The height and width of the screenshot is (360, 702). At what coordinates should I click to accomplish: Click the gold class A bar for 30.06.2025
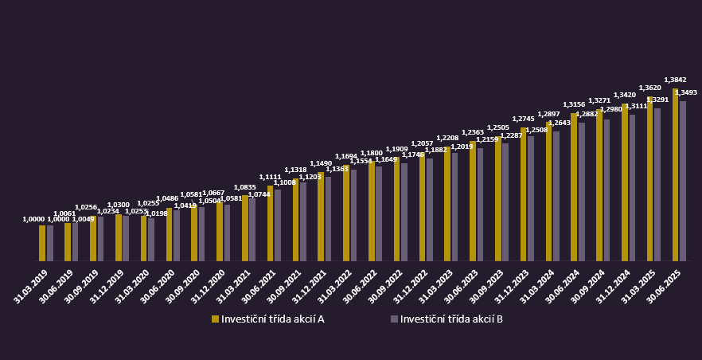(676, 175)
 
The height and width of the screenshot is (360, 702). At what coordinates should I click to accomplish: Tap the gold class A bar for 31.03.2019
(42, 243)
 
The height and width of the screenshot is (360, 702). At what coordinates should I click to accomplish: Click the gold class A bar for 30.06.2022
(372, 211)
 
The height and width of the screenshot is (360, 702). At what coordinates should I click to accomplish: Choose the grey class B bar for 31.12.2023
(531, 198)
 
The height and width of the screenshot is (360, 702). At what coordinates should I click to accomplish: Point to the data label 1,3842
(675, 80)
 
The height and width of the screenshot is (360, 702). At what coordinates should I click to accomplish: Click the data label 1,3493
(686, 92)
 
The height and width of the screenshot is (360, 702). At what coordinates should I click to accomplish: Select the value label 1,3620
(649, 88)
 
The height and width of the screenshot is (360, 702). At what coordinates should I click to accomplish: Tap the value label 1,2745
(523, 119)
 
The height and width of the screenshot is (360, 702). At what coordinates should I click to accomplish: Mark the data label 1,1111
(270, 177)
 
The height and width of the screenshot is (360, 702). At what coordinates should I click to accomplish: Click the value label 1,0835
(244, 187)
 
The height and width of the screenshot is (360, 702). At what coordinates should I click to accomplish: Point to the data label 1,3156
(574, 104)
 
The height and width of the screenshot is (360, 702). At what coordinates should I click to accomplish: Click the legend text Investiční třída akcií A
(272, 319)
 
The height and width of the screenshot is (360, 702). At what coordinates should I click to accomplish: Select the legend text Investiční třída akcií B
(451, 319)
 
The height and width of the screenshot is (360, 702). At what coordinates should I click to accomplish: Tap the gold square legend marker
(215, 319)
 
